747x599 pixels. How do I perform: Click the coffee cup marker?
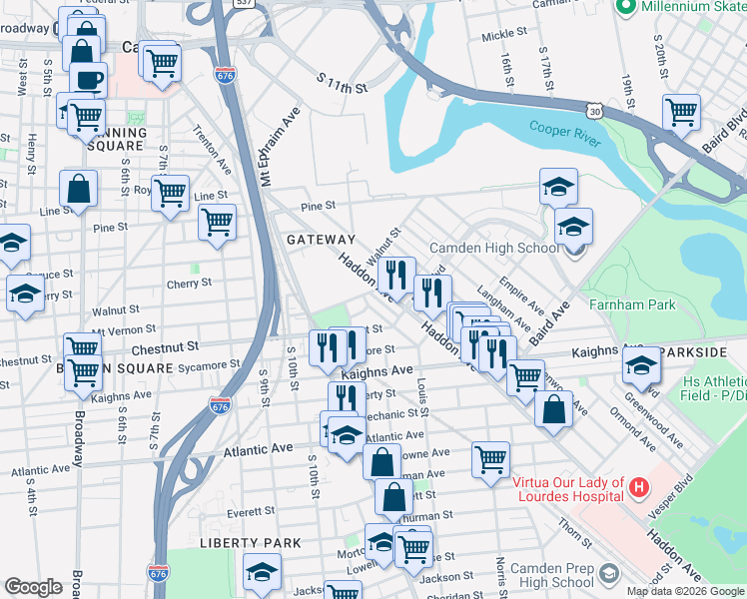tap(88, 78)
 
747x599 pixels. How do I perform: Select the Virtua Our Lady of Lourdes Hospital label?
tap(567, 489)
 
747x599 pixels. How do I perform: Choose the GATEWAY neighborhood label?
tap(321, 240)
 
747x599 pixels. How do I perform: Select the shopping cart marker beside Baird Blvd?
tap(682, 112)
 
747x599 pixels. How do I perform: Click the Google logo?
tap(34, 587)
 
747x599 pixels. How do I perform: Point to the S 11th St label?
tap(343, 83)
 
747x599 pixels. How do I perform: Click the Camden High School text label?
tap(494, 248)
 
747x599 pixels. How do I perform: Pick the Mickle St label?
tap(496, 35)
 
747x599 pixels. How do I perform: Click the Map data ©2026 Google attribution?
tap(685, 591)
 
